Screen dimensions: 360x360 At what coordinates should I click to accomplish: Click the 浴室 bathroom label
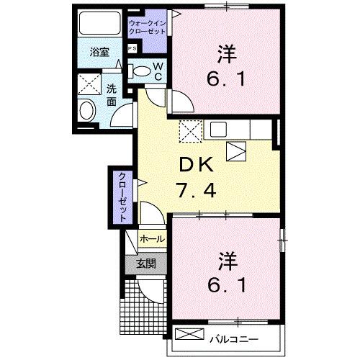(99, 53)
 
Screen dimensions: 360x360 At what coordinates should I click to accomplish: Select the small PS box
(132, 48)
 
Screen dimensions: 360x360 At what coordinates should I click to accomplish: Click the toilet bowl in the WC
(142, 71)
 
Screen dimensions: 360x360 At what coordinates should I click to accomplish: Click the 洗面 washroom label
(112, 96)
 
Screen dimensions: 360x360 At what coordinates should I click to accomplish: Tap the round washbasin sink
(86, 112)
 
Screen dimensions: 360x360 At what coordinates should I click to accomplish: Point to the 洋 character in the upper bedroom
(227, 53)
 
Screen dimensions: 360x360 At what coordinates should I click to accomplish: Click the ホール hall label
(152, 238)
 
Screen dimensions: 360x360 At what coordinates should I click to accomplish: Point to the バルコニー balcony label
(236, 336)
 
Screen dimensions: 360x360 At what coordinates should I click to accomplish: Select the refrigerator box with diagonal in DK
(238, 151)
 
